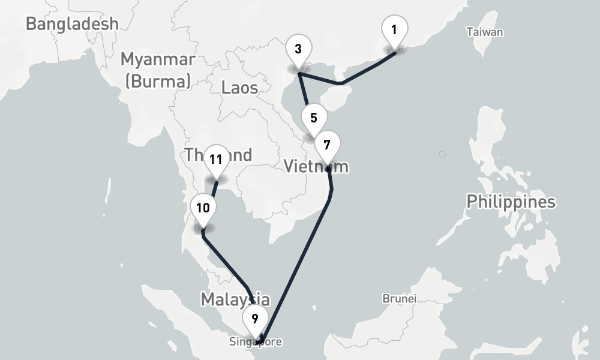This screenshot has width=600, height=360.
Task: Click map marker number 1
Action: coord(394,30)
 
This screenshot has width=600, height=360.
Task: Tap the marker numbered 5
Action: coord(314,118)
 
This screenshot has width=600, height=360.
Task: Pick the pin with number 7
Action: coord(327,146)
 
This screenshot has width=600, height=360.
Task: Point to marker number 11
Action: coord(216,160)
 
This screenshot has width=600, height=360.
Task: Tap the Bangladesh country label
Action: coord(72,24)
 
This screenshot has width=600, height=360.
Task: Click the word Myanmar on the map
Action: coord(158,59)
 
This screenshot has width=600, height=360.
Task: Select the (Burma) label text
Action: coord(158,80)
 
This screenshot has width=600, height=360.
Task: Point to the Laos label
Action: coord(239,88)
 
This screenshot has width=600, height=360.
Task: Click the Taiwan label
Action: coord(485,32)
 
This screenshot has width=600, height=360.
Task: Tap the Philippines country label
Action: coord(511,202)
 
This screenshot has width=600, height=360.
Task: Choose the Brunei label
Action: coord(399,298)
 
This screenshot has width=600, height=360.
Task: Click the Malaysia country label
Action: coord(235,299)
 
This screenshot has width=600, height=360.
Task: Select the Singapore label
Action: coord(255,342)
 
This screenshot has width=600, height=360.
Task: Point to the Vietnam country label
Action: coord(316,166)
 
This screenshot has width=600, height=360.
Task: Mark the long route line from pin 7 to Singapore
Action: coord(300,258)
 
